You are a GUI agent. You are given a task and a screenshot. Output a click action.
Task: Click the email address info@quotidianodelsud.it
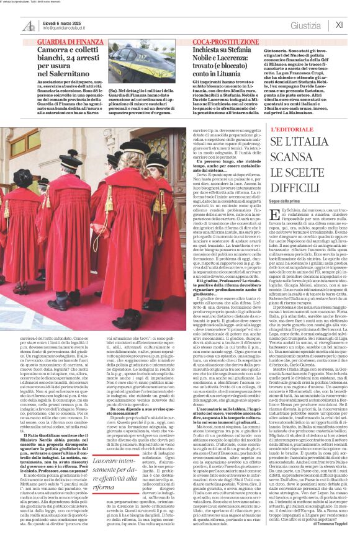61,28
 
